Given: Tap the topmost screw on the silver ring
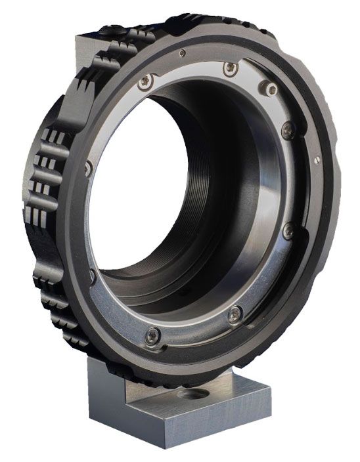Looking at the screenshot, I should (228, 68).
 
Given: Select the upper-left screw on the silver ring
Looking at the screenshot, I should (146, 81).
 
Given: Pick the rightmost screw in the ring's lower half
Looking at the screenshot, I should (288, 230).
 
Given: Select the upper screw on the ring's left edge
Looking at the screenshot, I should (87, 169).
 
